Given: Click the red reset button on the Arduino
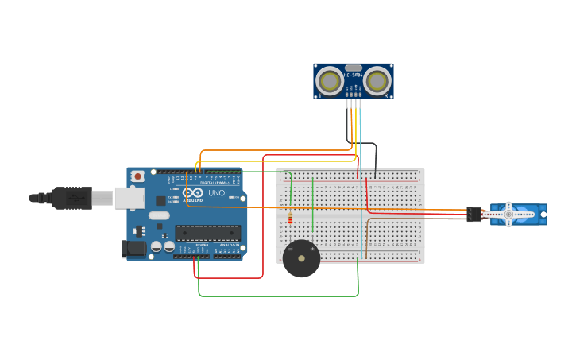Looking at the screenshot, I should click(138, 176).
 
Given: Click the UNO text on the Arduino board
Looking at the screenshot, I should click(216, 193).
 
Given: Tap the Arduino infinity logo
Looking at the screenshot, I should click(193, 192).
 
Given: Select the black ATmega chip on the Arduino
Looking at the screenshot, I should click(207, 233).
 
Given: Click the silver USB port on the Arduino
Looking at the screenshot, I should click(129, 198).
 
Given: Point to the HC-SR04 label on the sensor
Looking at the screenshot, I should click(353, 75).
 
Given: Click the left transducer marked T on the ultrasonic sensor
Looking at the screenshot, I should click(329, 81).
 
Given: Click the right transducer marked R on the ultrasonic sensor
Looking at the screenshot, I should click(377, 81).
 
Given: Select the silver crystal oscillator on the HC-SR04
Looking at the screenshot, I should click(354, 68).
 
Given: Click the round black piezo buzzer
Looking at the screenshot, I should click(302, 259).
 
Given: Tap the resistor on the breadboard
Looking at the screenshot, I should click(290, 218).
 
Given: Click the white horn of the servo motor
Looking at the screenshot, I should click(509, 214).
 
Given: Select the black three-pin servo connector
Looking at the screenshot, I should click(474, 214).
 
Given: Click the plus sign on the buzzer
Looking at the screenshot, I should click(312, 249).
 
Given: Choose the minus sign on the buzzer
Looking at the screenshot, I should click(291, 249).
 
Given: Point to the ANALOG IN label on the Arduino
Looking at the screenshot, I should click(230, 245).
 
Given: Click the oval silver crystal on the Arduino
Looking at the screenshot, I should click(159, 215).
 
